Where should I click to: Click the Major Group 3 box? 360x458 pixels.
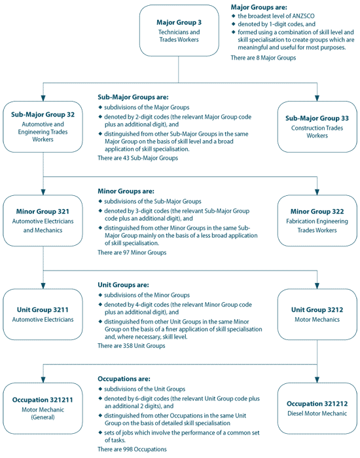[x=178, y=31]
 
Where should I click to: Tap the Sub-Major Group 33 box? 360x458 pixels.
[x=317, y=126]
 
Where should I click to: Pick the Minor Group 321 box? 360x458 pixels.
[x=43, y=221]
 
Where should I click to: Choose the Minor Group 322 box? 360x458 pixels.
[x=317, y=221]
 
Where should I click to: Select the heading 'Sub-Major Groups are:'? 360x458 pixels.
[x=133, y=94]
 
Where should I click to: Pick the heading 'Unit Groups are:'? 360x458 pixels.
[x=122, y=286]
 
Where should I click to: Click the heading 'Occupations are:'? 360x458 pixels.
[x=124, y=379]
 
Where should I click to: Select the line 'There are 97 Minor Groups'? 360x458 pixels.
[x=132, y=252]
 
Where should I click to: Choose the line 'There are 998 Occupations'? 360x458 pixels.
[x=132, y=449]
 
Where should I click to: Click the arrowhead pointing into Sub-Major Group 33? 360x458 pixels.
[x=317, y=98]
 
